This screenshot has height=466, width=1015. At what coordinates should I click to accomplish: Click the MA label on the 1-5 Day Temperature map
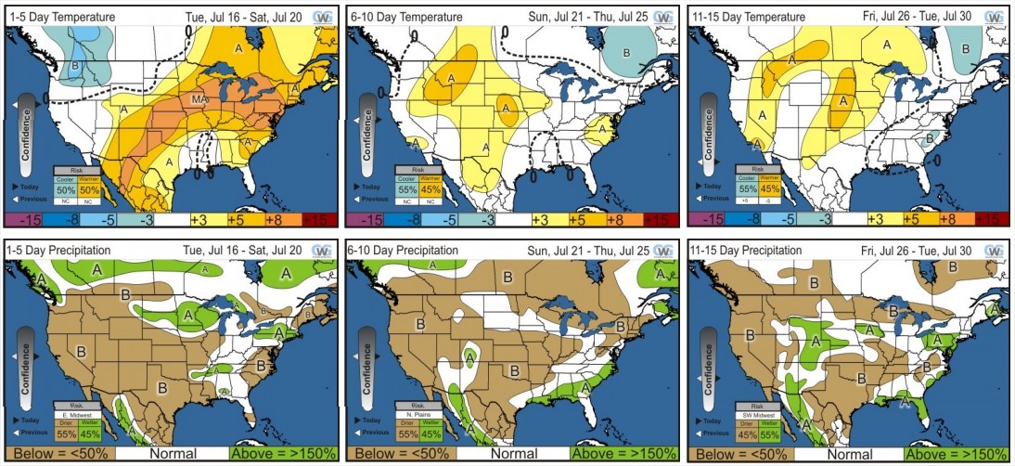point(199,99)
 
